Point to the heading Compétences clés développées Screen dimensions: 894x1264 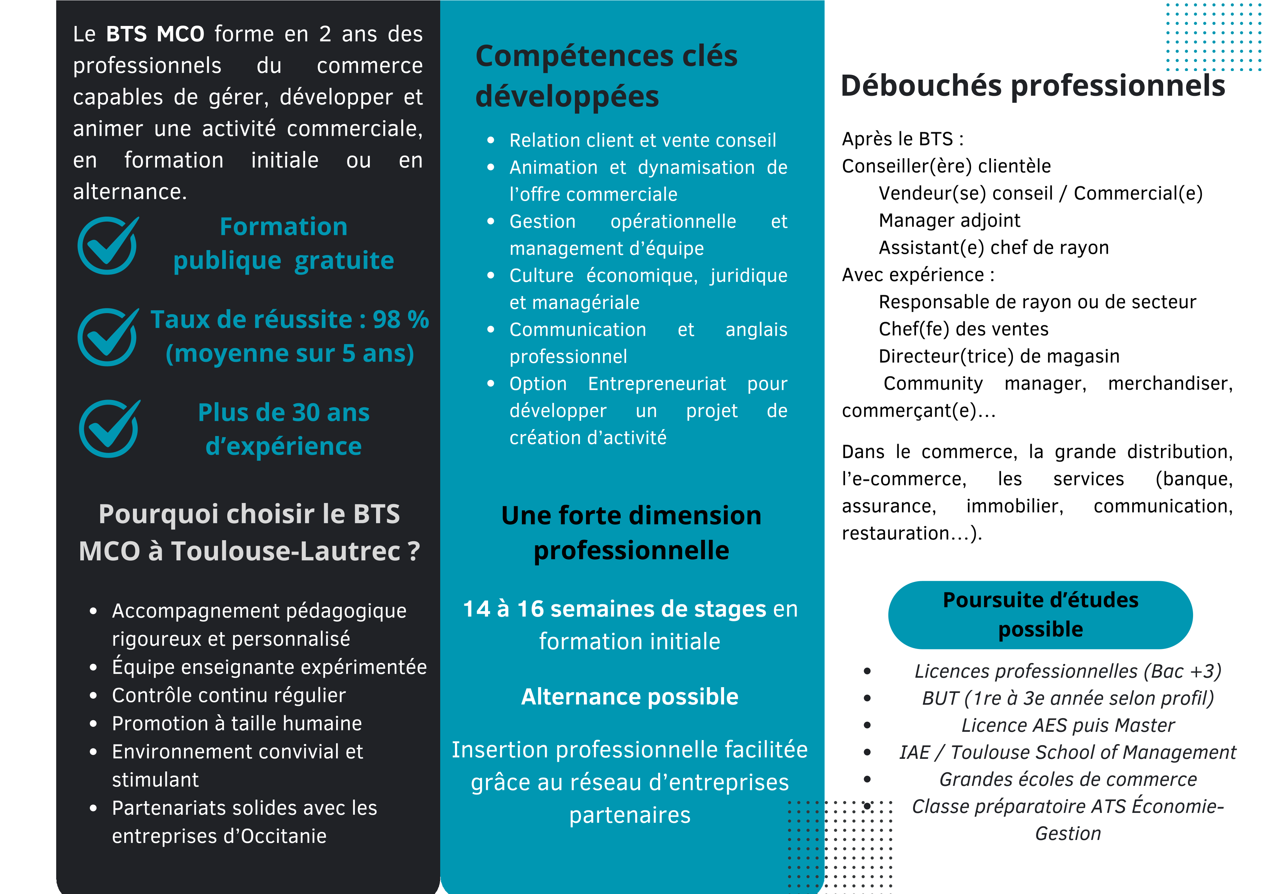click(x=606, y=76)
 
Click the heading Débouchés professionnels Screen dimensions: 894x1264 click(x=1033, y=86)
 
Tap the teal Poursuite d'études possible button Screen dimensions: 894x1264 click(x=1040, y=615)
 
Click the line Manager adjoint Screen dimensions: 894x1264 click(x=949, y=220)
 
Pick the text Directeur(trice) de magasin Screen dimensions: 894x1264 click(x=999, y=356)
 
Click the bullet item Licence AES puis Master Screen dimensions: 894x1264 click(x=1067, y=725)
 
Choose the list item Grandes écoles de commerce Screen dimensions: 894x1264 click(x=1067, y=779)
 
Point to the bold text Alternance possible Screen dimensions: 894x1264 click(x=629, y=697)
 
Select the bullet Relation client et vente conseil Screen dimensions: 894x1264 click(x=643, y=141)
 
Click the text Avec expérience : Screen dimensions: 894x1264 click(x=918, y=275)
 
